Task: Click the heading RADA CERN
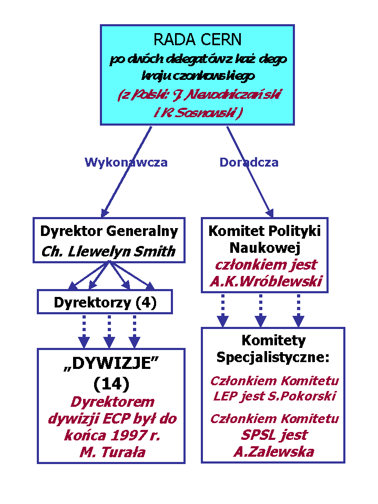point(197,39)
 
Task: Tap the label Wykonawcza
point(126,162)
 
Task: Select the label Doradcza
point(249,162)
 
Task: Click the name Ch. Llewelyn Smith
point(108,251)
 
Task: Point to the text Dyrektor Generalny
point(109,231)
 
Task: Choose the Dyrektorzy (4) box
point(105,303)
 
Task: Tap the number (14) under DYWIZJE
point(111,384)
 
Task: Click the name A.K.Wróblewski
point(265,282)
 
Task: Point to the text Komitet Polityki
point(264,231)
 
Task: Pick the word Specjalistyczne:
point(273,358)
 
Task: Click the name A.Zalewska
point(273,451)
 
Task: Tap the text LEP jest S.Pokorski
point(274,396)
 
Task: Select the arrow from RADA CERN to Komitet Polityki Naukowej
point(250,171)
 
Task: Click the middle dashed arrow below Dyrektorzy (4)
point(109,331)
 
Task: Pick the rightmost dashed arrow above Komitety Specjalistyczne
point(299,310)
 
